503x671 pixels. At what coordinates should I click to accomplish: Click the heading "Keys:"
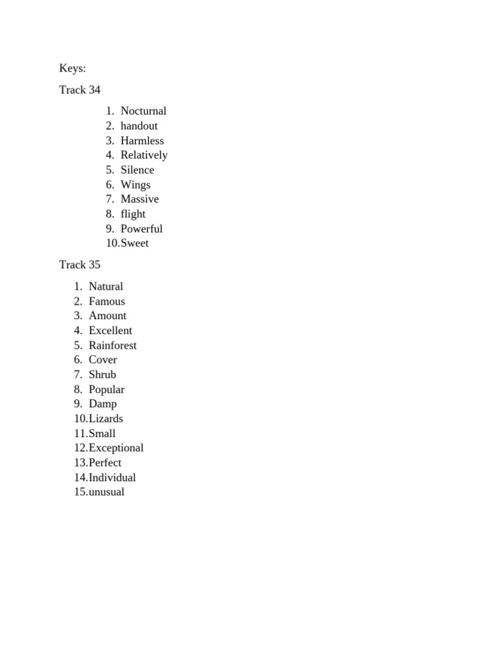73,68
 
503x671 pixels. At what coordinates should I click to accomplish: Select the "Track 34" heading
80,90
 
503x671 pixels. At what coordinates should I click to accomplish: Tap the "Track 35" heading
80,265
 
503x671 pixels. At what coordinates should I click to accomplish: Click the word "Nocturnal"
143,111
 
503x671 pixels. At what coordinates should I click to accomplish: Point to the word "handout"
139,126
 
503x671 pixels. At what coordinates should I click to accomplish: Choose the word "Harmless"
142,140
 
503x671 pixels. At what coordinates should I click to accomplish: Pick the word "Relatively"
144,155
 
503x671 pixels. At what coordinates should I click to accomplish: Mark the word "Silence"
138,170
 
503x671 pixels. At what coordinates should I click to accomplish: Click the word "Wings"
136,185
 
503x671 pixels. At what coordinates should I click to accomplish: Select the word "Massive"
140,199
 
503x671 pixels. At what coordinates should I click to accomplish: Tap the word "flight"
133,214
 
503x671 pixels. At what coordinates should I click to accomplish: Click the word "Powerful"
141,229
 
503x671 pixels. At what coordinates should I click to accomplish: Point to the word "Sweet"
134,243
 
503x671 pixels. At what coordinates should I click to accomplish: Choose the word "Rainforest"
113,345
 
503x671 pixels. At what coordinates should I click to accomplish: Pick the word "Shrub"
102,375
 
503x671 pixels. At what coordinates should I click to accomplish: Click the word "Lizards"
106,419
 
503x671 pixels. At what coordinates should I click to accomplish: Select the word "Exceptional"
116,448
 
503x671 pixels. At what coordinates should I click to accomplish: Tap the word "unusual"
106,492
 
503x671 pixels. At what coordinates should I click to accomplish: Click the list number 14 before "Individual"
80,478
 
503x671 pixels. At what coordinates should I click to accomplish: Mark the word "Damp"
103,404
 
